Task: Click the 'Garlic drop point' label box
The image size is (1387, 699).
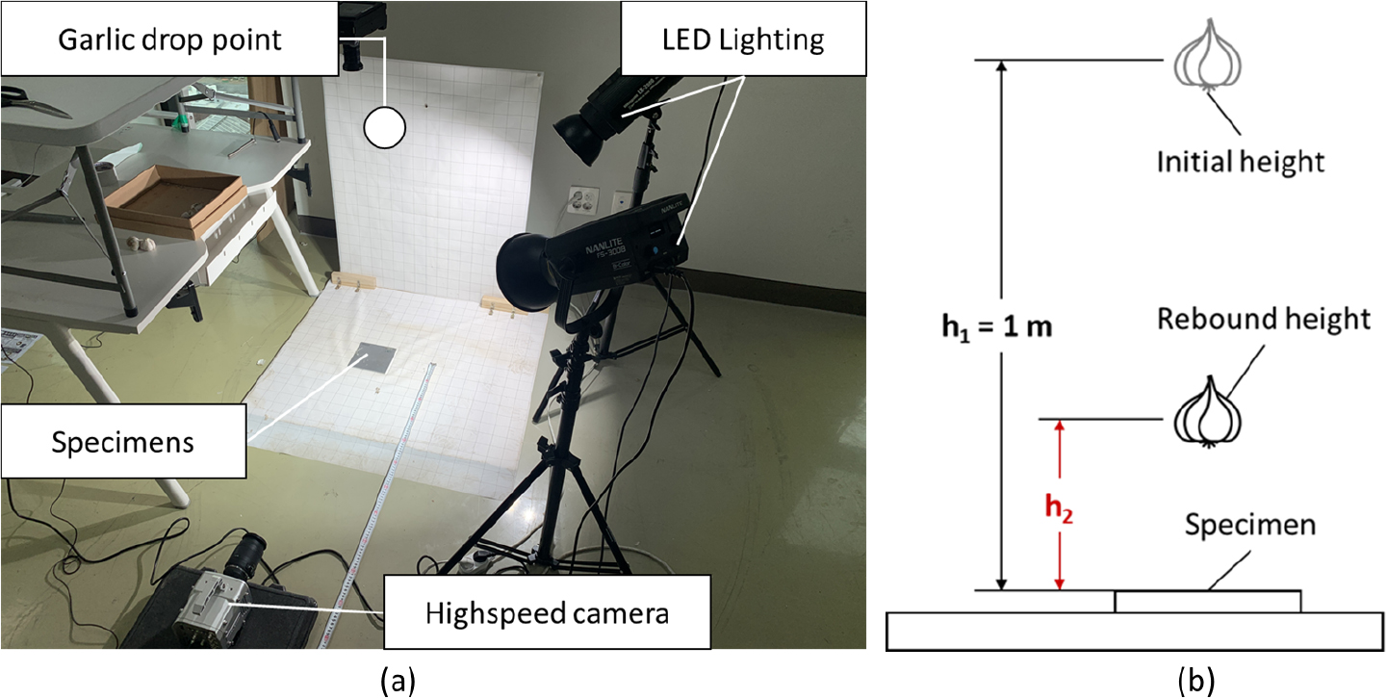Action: point(169,40)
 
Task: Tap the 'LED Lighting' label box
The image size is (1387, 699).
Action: point(730,40)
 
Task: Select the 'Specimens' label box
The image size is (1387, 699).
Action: point(123,442)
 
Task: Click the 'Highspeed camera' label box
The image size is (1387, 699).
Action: point(547,610)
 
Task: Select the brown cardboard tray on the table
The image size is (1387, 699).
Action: point(176,202)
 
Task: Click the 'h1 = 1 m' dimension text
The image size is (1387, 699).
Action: point(997,325)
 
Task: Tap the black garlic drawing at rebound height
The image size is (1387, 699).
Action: point(1209,414)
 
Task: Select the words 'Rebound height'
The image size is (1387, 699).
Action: point(1263,320)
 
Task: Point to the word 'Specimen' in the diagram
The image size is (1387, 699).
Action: point(1249,526)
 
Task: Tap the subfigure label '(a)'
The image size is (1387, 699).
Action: point(398,682)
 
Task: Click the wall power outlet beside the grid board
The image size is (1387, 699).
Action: point(584,200)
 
